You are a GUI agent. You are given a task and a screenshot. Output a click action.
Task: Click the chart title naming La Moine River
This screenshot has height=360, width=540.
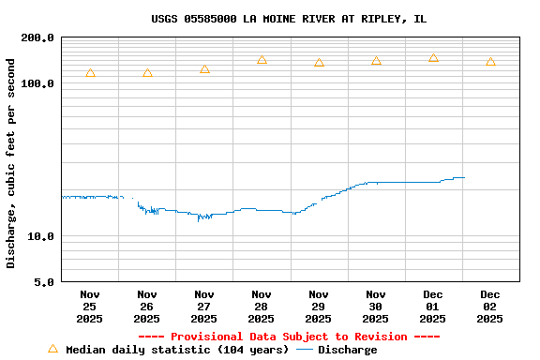coord(289,19)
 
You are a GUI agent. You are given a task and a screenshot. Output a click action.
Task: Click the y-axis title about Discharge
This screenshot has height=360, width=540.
coord(11,163)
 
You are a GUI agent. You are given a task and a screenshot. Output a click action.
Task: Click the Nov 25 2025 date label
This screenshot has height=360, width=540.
coord(90,307)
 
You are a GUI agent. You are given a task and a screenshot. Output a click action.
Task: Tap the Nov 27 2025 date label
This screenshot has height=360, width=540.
coord(204,307)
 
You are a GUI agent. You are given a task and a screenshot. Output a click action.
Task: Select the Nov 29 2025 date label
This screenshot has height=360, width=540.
coord(319,307)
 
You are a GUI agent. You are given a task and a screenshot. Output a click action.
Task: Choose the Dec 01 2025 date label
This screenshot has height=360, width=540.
coord(432,307)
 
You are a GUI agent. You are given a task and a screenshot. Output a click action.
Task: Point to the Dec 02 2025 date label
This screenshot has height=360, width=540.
coord(489,307)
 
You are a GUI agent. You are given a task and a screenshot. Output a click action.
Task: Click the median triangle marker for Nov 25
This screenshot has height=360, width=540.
coord(90,73)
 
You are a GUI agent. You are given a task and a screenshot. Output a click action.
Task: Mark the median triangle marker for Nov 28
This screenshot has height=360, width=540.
coord(262,60)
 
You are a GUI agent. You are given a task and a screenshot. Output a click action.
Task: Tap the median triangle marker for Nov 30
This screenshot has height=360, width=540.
coord(376,61)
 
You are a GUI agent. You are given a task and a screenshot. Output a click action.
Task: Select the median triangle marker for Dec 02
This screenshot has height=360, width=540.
coord(490,62)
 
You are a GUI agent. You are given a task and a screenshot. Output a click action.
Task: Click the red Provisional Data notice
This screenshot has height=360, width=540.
coord(289,337)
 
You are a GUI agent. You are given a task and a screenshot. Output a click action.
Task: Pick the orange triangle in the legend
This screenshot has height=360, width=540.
coord(52,349)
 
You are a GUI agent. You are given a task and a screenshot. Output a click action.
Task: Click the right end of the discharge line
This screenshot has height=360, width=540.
coord(464,177)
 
